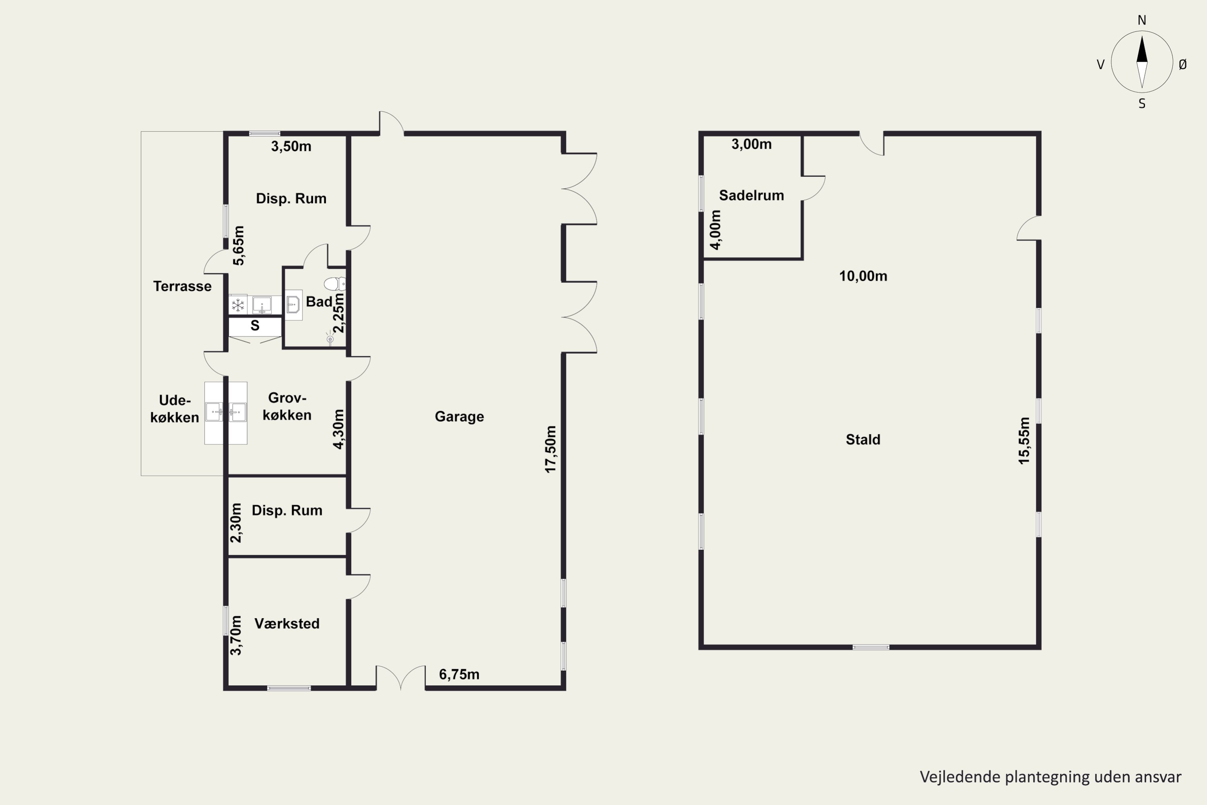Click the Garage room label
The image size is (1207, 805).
459,416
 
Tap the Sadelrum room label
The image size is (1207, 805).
751,195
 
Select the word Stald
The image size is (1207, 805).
863,440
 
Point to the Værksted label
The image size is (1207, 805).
287,623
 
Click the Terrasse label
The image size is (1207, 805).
182,286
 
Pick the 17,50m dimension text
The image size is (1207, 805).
550,449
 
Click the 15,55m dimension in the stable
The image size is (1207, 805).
1024,440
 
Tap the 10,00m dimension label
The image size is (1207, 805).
863,276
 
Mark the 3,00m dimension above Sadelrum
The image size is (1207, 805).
751,144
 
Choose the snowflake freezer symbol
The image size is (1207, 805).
238,305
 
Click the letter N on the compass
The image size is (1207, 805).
1142,20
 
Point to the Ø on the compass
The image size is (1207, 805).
1183,64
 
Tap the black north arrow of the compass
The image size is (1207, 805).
1142,49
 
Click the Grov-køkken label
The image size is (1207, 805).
287,406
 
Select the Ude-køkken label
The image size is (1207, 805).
175,409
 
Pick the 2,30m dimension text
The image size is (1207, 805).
235,522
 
